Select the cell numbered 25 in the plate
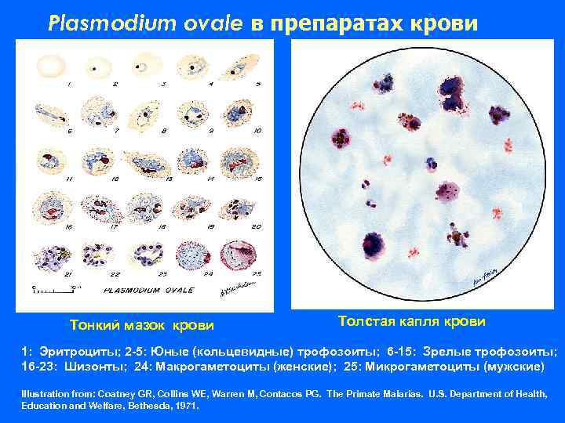pos(240,255)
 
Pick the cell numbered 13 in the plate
pos(148,163)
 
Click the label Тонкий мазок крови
pos(141,325)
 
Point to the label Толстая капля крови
pos(412,321)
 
